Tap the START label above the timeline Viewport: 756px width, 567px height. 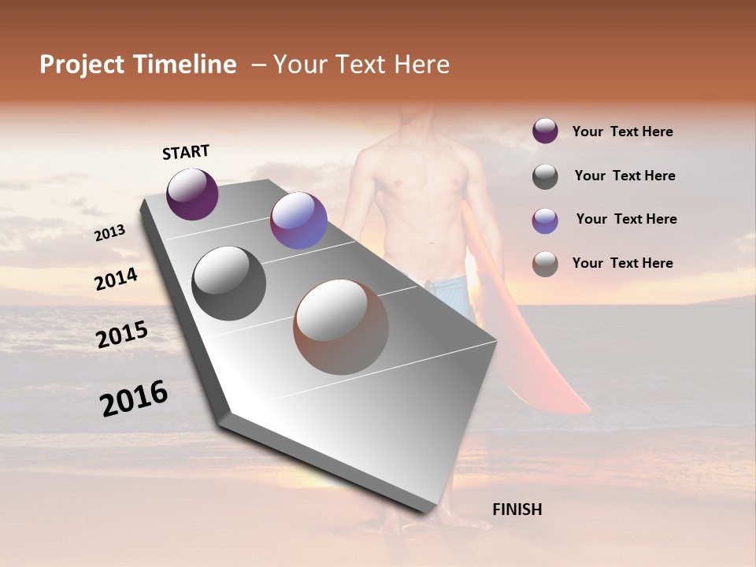click(186, 152)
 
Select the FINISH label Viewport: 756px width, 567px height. click(517, 510)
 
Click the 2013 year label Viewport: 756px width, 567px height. click(109, 233)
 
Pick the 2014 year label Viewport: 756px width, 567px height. click(116, 280)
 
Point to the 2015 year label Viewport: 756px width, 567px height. click(122, 335)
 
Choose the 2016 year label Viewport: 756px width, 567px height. click(134, 398)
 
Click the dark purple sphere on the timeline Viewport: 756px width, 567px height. click(192, 194)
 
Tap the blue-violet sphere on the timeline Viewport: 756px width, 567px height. click(298, 220)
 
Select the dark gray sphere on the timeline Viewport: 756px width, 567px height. click(229, 283)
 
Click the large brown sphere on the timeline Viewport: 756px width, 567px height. click(341, 327)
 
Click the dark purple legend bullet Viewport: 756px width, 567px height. click(545, 132)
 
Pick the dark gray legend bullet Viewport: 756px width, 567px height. click(545, 176)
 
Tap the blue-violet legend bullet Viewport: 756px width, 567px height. click(545, 220)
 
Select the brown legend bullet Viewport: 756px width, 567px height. click(545, 264)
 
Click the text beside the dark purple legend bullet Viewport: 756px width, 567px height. click(622, 132)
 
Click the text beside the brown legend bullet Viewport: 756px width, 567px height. click(622, 263)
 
